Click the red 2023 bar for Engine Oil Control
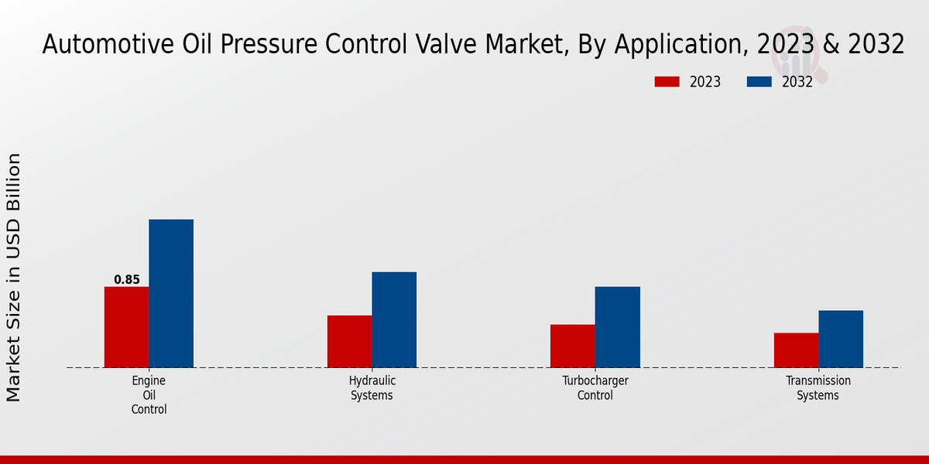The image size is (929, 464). click(126, 327)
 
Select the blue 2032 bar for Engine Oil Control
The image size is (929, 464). click(171, 293)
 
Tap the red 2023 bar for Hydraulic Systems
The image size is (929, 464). click(349, 341)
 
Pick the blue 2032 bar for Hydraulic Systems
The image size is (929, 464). click(394, 319)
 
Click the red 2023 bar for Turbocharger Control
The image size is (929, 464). click(572, 346)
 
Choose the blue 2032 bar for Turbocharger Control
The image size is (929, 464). click(617, 327)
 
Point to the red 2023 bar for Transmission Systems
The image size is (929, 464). click(796, 350)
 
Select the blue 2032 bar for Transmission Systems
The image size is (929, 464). click(841, 339)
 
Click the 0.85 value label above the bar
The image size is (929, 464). click(127, 280)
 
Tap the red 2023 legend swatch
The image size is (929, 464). click(667, 82)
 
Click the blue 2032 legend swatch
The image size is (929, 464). click(759, 82)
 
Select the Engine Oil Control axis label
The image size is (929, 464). click(149, 395)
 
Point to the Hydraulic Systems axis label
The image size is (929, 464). click(372, 388)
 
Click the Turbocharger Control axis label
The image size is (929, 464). click(595, 388)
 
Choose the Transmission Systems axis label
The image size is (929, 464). click(818, 388)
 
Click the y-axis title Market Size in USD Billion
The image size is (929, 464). click(14, 277)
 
